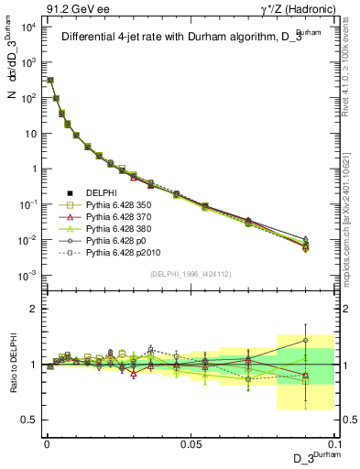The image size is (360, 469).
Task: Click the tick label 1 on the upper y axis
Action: pyautogui.click(x=33, y=169)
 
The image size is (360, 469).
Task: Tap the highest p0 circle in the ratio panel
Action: pyautogui.click(x=307, y=340)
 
